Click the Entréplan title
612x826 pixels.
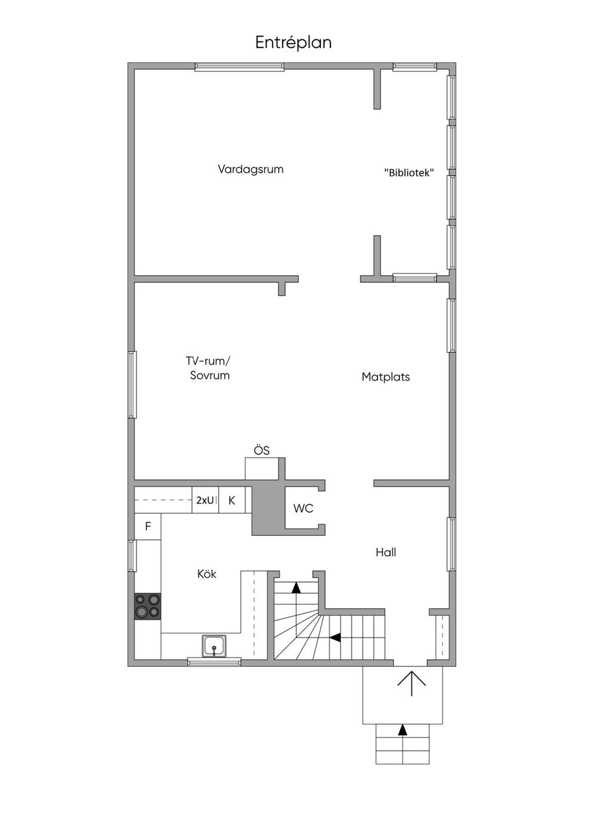[293, 42]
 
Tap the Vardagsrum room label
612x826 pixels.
[250, 169]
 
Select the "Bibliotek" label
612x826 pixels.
[409, 173]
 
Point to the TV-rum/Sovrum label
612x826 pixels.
[209, 368]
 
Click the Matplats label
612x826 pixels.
[385, 377]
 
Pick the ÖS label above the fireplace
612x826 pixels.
[262, 450]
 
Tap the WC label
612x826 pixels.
[303, 508]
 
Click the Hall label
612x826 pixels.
[385, 552]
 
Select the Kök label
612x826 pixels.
[207, 574]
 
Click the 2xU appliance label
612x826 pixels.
[205, 500]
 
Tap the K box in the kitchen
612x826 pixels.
[232, 500]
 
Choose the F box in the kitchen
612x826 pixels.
[148, 526]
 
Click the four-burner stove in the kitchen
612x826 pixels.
[148, 605]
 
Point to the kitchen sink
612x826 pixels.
[214, 646]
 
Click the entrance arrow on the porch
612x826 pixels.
[412, 682]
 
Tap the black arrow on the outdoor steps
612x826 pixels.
[403, 730]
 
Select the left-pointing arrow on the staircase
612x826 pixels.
[335, 638]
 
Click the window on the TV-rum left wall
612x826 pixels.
[133, 384]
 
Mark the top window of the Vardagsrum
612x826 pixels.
[239, 67]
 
